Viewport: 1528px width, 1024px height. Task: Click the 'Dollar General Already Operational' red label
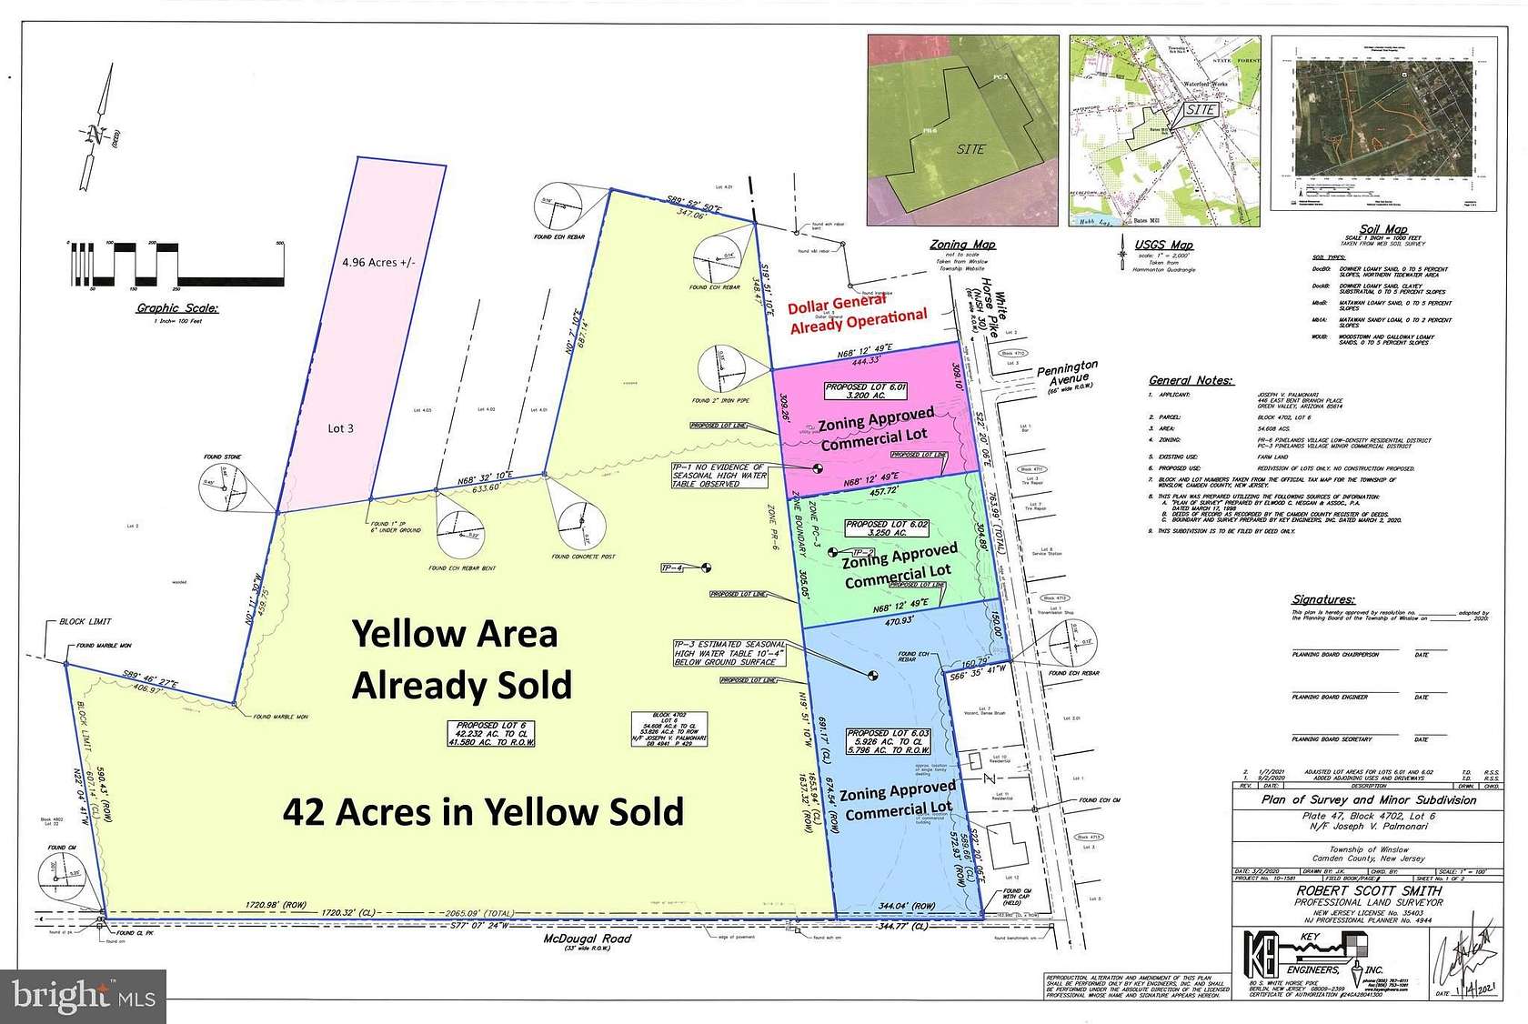pos(857,313)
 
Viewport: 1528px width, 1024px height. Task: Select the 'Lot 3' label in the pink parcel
pos(341,428)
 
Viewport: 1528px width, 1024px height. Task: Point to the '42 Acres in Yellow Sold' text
pos(483,811)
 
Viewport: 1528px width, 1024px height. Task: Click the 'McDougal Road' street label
pos(587,939)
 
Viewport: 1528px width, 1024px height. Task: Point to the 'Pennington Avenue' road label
pos(1067,372)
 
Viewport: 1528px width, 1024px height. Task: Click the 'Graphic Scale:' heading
pos(177,308)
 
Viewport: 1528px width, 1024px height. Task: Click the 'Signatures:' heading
pos(1323,599)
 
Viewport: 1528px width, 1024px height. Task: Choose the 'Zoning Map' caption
pos(962,245)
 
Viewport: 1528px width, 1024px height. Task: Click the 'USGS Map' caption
pos(1163,245)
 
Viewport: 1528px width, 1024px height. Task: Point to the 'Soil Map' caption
pos(1382,229)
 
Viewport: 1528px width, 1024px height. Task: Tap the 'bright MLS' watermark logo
pos(84,996)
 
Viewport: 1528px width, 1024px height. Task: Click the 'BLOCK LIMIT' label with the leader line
pos(85,621)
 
